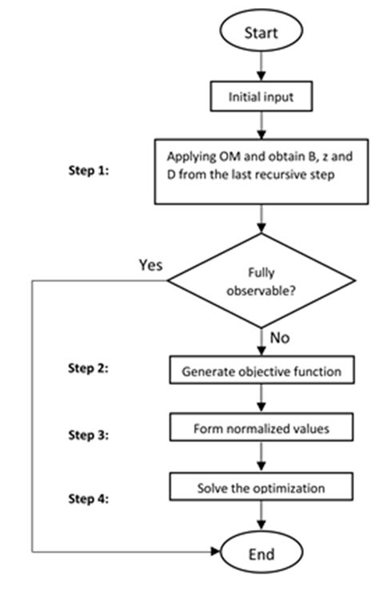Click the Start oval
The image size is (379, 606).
pyautogui.click(x=261, y=33)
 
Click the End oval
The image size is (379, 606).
pyautogui.click(x=261, y=553)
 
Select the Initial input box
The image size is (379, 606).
pyautogui.click(x=261, y=97)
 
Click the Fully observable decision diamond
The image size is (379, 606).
pyautogui.click(x=261, y=280)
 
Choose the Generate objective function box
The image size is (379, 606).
pyautogui.click(x=261, y=370)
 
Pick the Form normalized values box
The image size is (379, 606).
pyautogui.click(x=261, y=428)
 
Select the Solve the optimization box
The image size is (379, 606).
pyautogui.click(x=261, y=486)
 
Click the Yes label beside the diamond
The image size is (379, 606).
pyautogui.click(x=150, y=264)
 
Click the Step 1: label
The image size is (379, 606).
pyautogui.click(x=88, y=171)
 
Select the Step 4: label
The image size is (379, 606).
pyautogui.click(x=88, y=499)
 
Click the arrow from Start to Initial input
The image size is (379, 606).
pyautogui.click(x=261, y=67)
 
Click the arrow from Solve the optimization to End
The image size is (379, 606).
pyautogui.click(x=261, y=517)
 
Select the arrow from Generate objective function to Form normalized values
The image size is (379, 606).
pyautogui.click(x=261, y=399)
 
